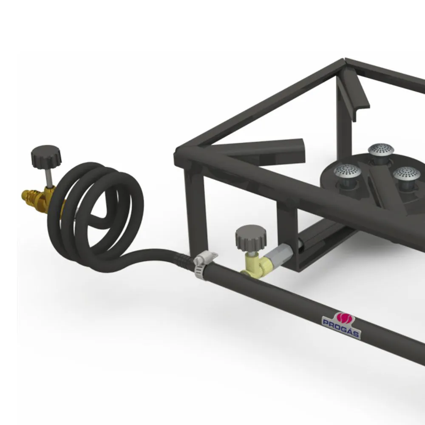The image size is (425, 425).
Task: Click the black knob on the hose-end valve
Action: tap(46, 157)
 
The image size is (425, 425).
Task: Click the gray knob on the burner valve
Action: tap(251, 238)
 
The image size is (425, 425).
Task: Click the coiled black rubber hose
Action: tap(95, 214)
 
